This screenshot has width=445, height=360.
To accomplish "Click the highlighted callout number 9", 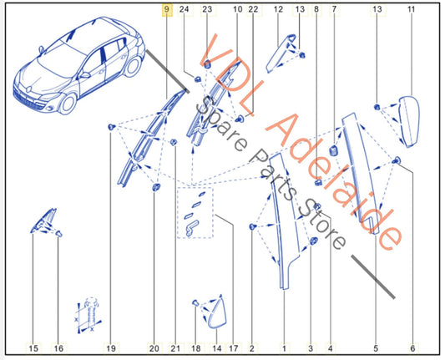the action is (x=167, y=10).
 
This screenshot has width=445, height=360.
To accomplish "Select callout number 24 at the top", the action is (x=184, y=10).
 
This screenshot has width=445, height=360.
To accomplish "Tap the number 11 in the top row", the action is (x=412, y=10).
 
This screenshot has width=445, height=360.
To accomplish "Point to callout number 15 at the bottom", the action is (x=33, y=348).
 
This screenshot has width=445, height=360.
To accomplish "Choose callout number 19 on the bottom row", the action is (x=111, y=348).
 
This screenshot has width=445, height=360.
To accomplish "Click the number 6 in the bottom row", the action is (x=412, y=348).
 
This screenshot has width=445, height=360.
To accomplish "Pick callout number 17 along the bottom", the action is (x=233, y=348).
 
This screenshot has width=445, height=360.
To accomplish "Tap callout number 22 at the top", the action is (x=253, y=10).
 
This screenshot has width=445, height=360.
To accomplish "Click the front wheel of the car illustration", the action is (x=68, y=104).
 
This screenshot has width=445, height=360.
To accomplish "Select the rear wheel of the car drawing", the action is (x=133, y=67).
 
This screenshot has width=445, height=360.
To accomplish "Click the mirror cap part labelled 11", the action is (x=410, y=122).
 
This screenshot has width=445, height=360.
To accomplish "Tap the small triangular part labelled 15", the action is (x=43, y=221).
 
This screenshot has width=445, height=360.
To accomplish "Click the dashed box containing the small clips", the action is (x=195, y=213).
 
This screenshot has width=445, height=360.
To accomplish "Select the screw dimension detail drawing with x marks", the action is (x=88, y=315).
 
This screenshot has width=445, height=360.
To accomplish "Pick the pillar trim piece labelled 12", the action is (x=281, y=53).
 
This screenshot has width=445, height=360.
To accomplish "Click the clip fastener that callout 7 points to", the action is (x=333, y=150).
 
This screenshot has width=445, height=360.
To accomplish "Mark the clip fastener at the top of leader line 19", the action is (x=111, y=127).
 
